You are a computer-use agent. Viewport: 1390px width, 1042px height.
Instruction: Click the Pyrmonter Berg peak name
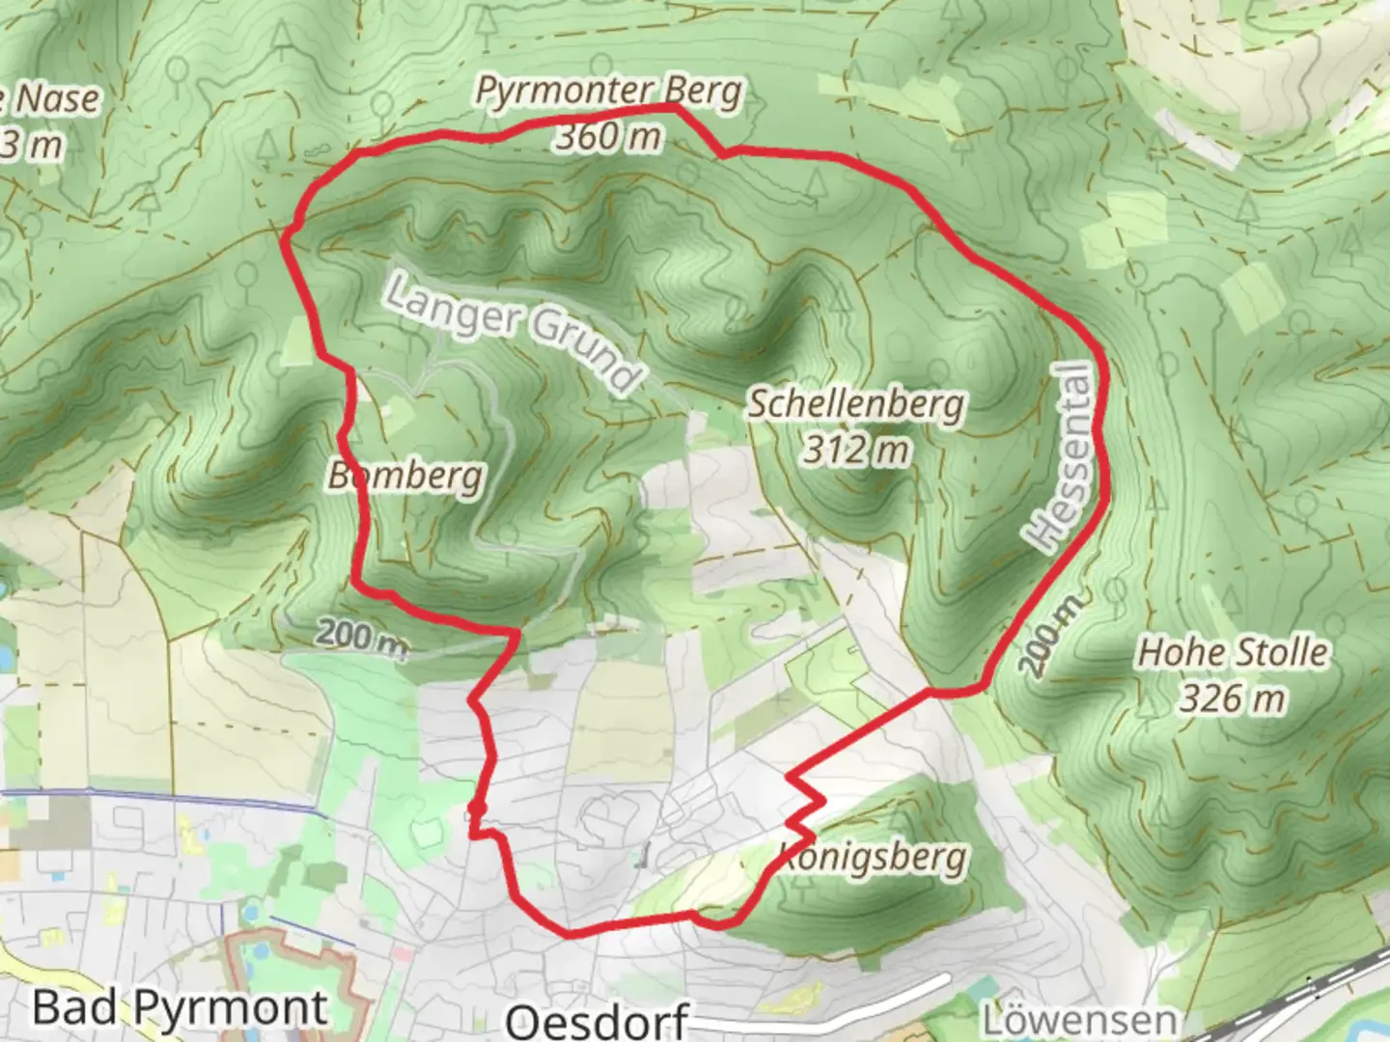(x=609, y=93)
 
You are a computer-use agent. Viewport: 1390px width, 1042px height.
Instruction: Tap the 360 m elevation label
(x=609, y=137)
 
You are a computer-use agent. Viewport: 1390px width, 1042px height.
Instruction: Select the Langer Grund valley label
(x=513, y=330)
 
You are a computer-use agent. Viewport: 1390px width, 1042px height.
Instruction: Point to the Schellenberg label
(x=856, y=403)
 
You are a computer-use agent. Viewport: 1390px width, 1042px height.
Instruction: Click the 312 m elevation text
(x=856, y=449)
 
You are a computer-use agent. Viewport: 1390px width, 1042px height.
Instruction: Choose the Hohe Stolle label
(x=1233, y=652)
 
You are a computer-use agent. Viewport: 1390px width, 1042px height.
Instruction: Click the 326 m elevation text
(x=1233, y=698)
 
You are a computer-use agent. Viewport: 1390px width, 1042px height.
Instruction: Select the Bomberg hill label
(x=405, y=475)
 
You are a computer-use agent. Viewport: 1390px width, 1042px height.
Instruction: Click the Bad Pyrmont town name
(x=180, y=1008)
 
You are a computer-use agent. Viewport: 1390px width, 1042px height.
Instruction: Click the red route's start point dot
(x=475, y=808)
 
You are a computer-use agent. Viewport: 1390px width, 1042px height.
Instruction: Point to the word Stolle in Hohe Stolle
(x=1281, y=652)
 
